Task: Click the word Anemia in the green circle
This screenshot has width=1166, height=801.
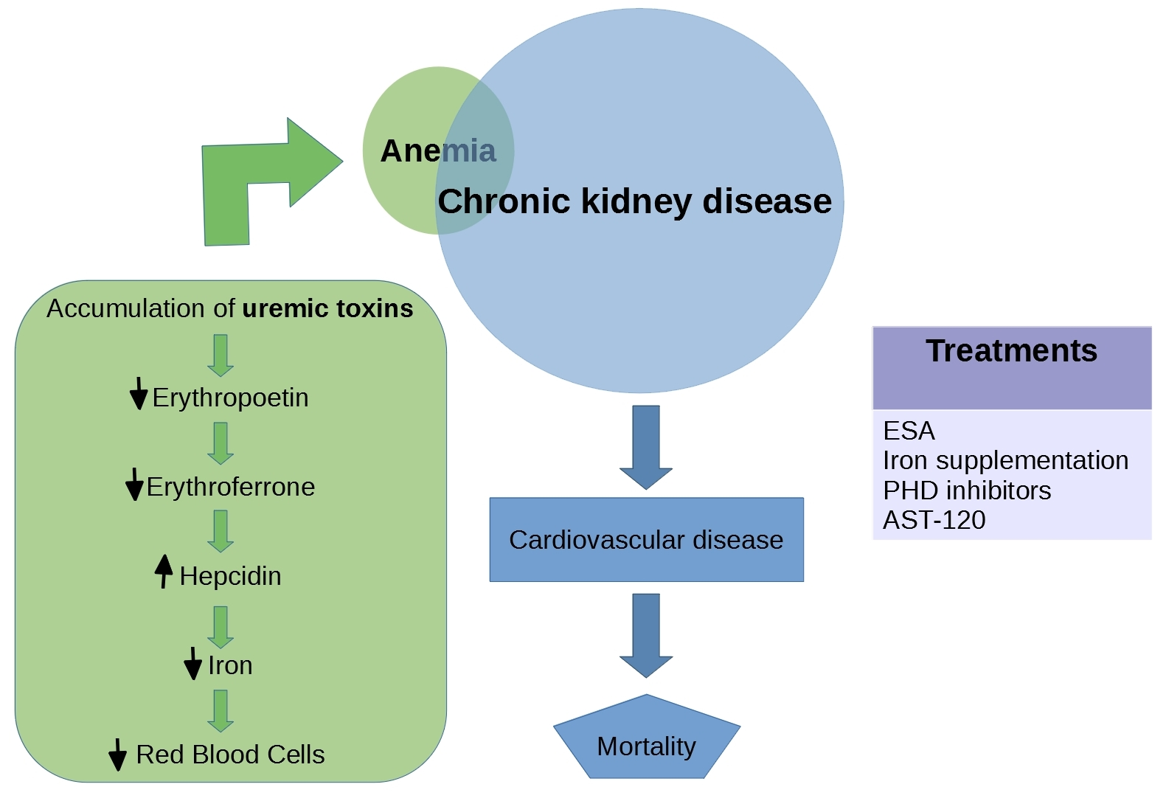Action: [438, 150]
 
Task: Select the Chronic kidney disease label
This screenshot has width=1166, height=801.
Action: [634, 201]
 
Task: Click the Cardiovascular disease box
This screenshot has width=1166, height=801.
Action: [646, 540]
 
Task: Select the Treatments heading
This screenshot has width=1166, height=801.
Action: [1011, 351]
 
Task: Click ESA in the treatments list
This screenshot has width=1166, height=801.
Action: [909, 431]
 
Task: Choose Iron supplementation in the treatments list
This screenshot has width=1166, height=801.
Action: [1005, 460]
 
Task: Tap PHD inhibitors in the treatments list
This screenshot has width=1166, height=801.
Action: [966, 490]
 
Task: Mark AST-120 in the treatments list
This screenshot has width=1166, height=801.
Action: [934, 520]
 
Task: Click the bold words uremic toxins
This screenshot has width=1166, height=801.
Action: [327, 308]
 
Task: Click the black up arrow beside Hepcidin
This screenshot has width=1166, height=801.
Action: [164, 572]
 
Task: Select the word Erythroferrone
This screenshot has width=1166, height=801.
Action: [230, 487]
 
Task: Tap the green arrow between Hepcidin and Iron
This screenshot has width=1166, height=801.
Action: [221, 626]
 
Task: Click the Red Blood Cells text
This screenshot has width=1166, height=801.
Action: [230, 755]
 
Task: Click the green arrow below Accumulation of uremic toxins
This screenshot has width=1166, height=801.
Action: [221, 355]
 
